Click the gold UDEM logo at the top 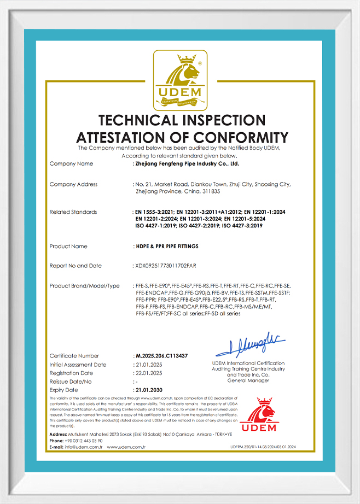coord(179,80)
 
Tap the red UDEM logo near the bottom coord(260,415)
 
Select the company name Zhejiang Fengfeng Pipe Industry coord(187,163)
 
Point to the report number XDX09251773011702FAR coord(165,266)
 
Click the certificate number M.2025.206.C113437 coord(161,356)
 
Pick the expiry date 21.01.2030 coord(148,390)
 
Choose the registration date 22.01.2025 coord(148,373)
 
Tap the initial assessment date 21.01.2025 coord(148,365)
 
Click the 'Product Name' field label coord(68,247)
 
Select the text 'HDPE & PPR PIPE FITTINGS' coord(167,247)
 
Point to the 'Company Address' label coord(73,185)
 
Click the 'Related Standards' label coord(73,212)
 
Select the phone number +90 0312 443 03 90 coord(84,441)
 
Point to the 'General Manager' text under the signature coord(248,380)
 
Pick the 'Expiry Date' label coord(64,390)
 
